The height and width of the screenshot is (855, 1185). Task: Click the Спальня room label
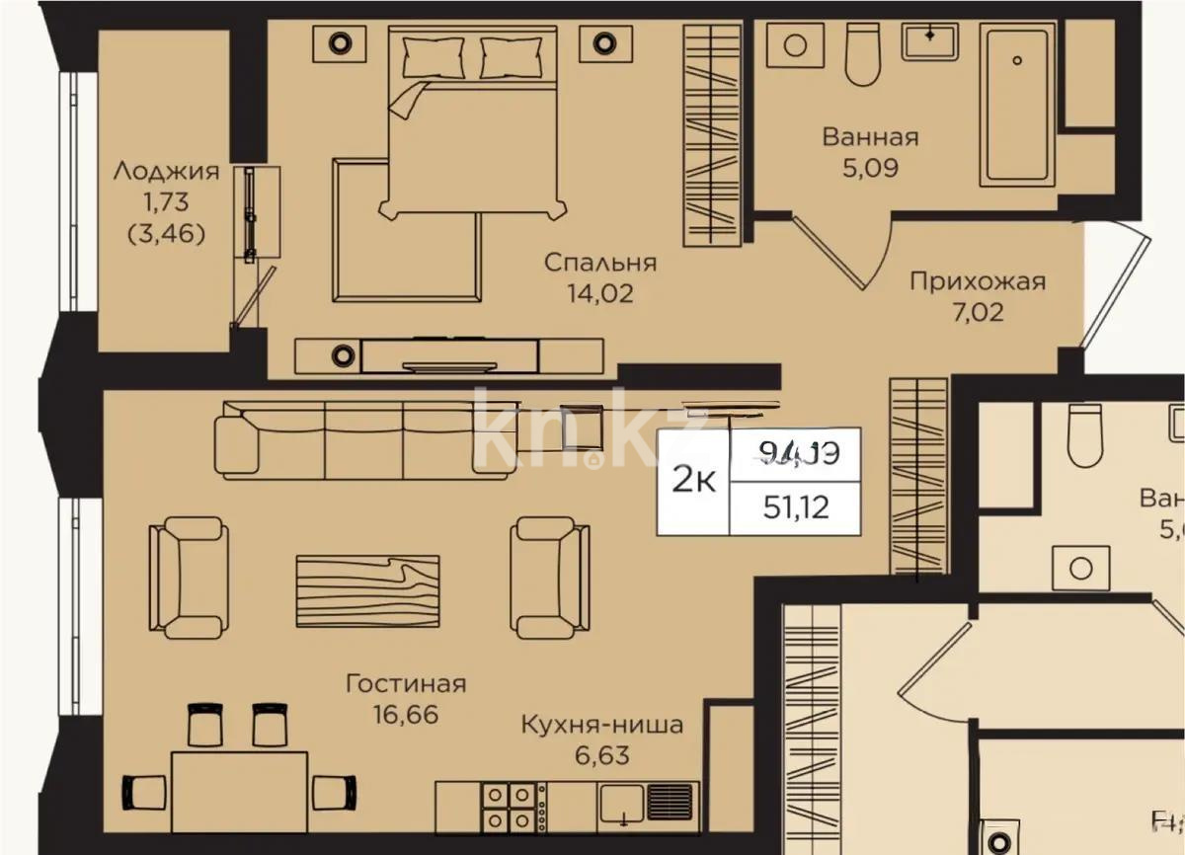point(600,263)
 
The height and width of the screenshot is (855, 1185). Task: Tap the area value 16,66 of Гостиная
point(405,714)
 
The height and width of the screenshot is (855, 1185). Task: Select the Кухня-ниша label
point(601,726)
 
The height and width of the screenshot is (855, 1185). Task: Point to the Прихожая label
point(977,282)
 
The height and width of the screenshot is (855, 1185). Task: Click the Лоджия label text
point(166,171)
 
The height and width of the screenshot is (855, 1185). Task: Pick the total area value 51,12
point(795,507)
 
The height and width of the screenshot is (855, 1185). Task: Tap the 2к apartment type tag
point(694,481)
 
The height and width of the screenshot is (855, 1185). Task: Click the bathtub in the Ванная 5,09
point(1015,104)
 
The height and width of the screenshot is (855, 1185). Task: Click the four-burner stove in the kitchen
point(512,807)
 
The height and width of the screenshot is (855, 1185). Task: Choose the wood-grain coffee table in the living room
point(366,589)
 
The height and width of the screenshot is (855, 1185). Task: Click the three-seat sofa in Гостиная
point(365,440)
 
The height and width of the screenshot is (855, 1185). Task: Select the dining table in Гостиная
point(239,790)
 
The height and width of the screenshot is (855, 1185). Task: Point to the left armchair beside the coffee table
point(188,577)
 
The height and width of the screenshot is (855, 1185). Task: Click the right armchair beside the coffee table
point(550,577)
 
